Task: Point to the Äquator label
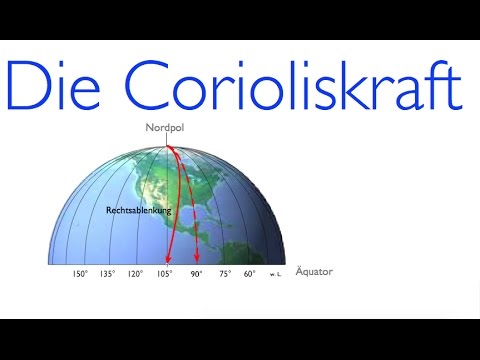(314, 272)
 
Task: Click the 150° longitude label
(80, 273)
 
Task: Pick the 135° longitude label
(108, 273)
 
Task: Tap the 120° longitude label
(136, 273)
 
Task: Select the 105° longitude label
(165, 273)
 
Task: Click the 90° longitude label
(197, 273)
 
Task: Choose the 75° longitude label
(225, 273)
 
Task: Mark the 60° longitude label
(249, 273)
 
